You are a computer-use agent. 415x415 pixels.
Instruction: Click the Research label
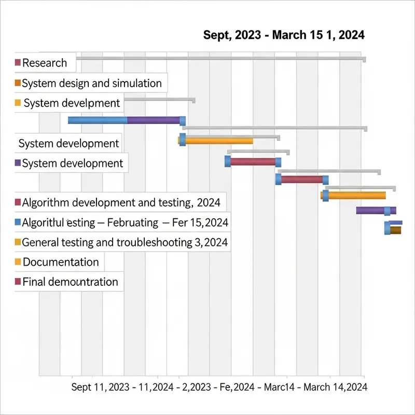tap(45, 63)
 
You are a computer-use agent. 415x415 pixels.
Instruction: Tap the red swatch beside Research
tap(18, 63)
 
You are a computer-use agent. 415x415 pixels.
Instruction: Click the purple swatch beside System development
tap(18, 163)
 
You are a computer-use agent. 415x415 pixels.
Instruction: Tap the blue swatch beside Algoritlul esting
tap(18, 223)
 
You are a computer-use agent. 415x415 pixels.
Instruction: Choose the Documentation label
tap(61, 262)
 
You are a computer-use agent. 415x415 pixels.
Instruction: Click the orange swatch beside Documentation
tap(18, 262)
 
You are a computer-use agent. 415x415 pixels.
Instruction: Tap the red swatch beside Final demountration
tap(18, 282)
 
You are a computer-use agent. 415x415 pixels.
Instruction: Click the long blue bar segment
tap(98, 120)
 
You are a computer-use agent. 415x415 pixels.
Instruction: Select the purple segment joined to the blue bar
tap(154, 120)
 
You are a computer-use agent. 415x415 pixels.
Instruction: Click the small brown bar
tap(396, 230)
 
